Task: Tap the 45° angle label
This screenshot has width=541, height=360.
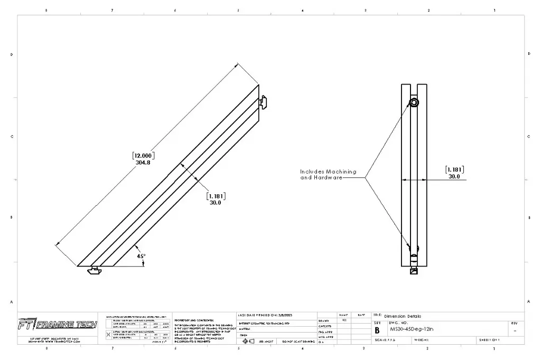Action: coord(141,256)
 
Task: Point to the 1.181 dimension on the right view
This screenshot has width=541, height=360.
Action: coord(454,170)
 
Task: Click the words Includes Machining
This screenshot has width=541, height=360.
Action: coord(328,172)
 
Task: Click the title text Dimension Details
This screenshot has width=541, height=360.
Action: coord(403,316)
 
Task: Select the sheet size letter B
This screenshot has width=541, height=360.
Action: coord(377,330)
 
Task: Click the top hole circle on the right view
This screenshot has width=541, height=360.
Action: coord(414,102)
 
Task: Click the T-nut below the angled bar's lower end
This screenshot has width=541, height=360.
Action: coord(95,270)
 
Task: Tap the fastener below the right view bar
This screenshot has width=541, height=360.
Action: coord(414,271)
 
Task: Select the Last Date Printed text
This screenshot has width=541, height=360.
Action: coord(265,315)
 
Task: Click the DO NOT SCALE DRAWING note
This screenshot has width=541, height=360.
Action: coord(299,342)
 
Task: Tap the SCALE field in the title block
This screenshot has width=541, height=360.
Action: coord(385,340)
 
